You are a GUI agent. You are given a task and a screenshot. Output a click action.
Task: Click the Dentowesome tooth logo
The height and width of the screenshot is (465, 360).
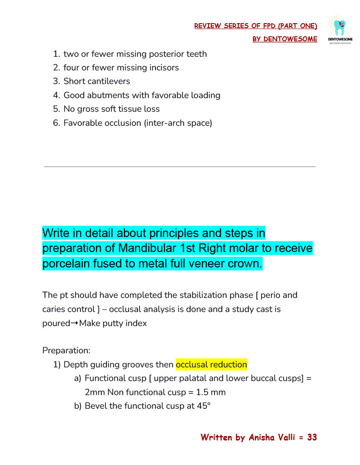340,30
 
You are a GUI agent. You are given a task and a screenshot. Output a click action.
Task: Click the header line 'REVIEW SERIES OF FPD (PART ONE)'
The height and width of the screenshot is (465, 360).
255,26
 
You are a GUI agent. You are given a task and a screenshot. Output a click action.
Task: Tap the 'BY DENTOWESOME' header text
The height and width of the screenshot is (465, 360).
285,39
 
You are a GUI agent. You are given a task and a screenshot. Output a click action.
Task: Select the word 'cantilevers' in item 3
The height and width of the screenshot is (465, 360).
110,81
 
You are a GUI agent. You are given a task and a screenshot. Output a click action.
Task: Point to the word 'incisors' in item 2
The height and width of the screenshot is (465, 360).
164,68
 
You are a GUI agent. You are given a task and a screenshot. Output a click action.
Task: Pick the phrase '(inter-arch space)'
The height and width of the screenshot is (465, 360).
178,123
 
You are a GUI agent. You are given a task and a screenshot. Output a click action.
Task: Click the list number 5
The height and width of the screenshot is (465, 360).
56,109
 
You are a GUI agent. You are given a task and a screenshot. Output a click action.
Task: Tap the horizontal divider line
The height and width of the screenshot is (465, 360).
180,167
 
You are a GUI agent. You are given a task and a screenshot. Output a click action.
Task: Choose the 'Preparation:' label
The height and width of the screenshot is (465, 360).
66,351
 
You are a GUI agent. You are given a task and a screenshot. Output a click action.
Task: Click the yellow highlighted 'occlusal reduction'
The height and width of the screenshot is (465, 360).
211,365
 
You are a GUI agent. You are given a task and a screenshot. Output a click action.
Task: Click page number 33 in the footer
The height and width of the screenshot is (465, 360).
312,438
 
